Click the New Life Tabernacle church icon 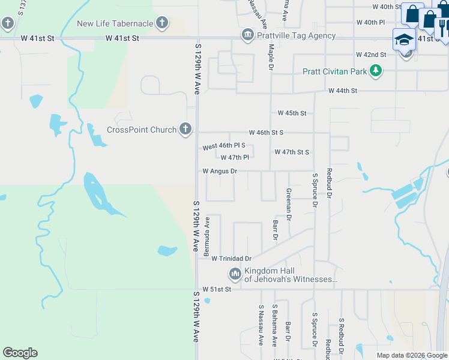[x=161, y=23]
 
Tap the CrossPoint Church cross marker [x=185, y=129]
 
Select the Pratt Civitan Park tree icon [x=376, y=71]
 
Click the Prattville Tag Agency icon [x=247, y=35]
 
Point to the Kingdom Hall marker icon [x=235, y=275]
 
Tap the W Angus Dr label [x=220, y=171]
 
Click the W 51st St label [x=217, y=289]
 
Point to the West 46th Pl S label [x=224, y=146]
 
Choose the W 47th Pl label [x=235, y=158]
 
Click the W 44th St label [x=343, y=91]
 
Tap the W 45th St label [x=292, y=113]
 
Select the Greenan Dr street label [x=289, y=204]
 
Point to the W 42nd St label [x=370, y=55]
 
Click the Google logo [x=20, y=353]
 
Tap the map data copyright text [x=412, y=355]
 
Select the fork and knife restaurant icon [x=443, y=27]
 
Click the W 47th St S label [x=292, y=152]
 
